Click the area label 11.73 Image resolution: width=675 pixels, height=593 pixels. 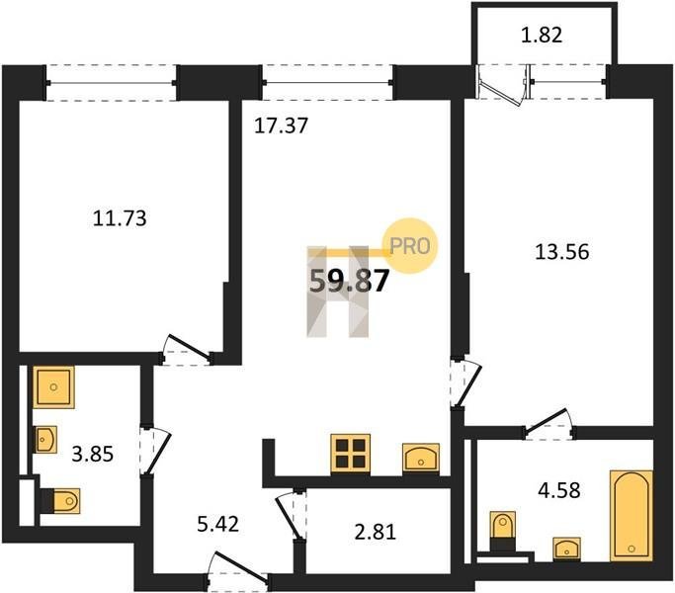[x=120, y=218]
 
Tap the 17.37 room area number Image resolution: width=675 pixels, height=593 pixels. [x=281, y=126]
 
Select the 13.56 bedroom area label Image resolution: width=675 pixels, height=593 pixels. [x=561, y=251]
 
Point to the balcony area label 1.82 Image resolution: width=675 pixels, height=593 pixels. [x=542, y=35]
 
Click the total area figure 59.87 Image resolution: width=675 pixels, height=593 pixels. [x=350, y=282]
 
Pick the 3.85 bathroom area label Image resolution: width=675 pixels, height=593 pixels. [x=93, y=454]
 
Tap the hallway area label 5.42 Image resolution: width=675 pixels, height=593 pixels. [x=217, y=524]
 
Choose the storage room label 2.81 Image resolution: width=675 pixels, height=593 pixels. [x=376, y=532]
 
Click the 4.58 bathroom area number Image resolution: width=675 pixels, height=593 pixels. [x=559, y=490]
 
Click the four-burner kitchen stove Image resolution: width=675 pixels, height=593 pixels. [x=351, y=455]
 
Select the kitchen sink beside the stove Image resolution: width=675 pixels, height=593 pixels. [x=421, y=459]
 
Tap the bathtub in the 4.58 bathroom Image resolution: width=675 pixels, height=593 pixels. [x=632, y=516]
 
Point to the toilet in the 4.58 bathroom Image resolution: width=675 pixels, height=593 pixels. [x=503, y=531]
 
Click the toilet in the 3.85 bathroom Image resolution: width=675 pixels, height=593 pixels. [x=60, y=500]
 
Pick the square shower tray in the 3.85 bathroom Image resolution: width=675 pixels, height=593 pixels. [x=53, y=387]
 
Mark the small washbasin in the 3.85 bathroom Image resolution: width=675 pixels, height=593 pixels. [x=45, y=440]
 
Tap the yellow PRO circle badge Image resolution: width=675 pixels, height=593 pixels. [x=410, y=246]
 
